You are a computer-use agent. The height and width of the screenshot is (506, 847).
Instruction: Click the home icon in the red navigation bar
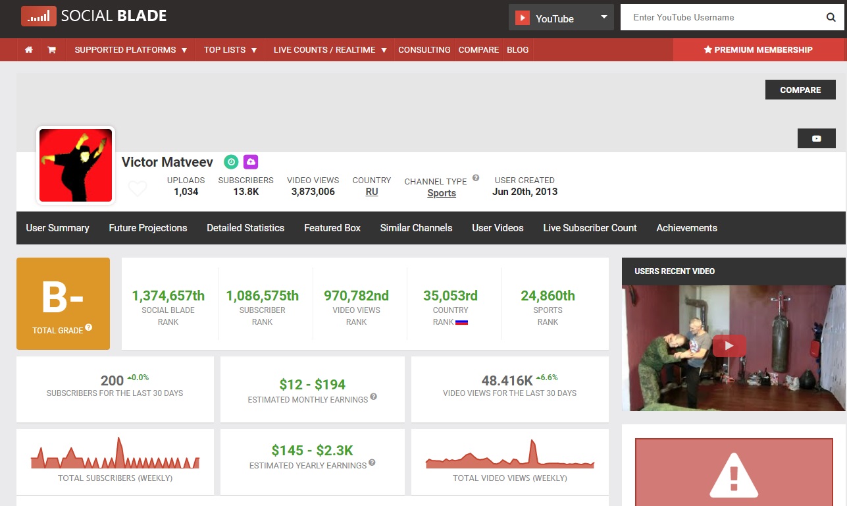coord(29,49)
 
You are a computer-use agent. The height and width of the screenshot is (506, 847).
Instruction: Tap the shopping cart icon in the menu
coord(52,49)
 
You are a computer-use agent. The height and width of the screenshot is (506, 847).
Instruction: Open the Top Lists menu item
coord(230,49)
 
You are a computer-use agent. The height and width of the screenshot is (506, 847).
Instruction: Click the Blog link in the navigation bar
coord(517,49)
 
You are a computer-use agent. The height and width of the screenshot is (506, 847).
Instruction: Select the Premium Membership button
coord(758,49)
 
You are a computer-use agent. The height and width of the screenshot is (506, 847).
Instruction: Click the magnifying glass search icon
coord(831,17)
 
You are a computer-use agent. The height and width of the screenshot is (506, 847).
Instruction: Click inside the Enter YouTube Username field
coord(719,17)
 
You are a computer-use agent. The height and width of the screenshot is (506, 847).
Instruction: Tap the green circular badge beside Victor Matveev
coord(231,162)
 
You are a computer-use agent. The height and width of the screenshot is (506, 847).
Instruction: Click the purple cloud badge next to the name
coord(251,162)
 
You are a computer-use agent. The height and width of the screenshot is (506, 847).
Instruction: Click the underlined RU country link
coord(372,192)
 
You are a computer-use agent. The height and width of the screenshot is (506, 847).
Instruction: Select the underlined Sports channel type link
coord(442,193)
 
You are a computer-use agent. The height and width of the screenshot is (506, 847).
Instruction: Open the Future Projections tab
coord(148,228)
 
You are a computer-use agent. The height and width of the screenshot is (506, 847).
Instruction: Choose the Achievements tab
coord(686,228)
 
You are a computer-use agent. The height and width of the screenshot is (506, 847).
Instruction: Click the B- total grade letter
coord(63,298)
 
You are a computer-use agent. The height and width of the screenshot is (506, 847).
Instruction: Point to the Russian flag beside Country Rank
coord(462,322)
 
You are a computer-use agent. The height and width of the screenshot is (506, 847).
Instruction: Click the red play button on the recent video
coord(729,345)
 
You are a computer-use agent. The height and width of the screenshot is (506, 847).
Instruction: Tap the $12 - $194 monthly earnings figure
coord(313,385)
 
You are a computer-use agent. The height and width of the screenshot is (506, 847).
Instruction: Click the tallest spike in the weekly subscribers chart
coord(120,439)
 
